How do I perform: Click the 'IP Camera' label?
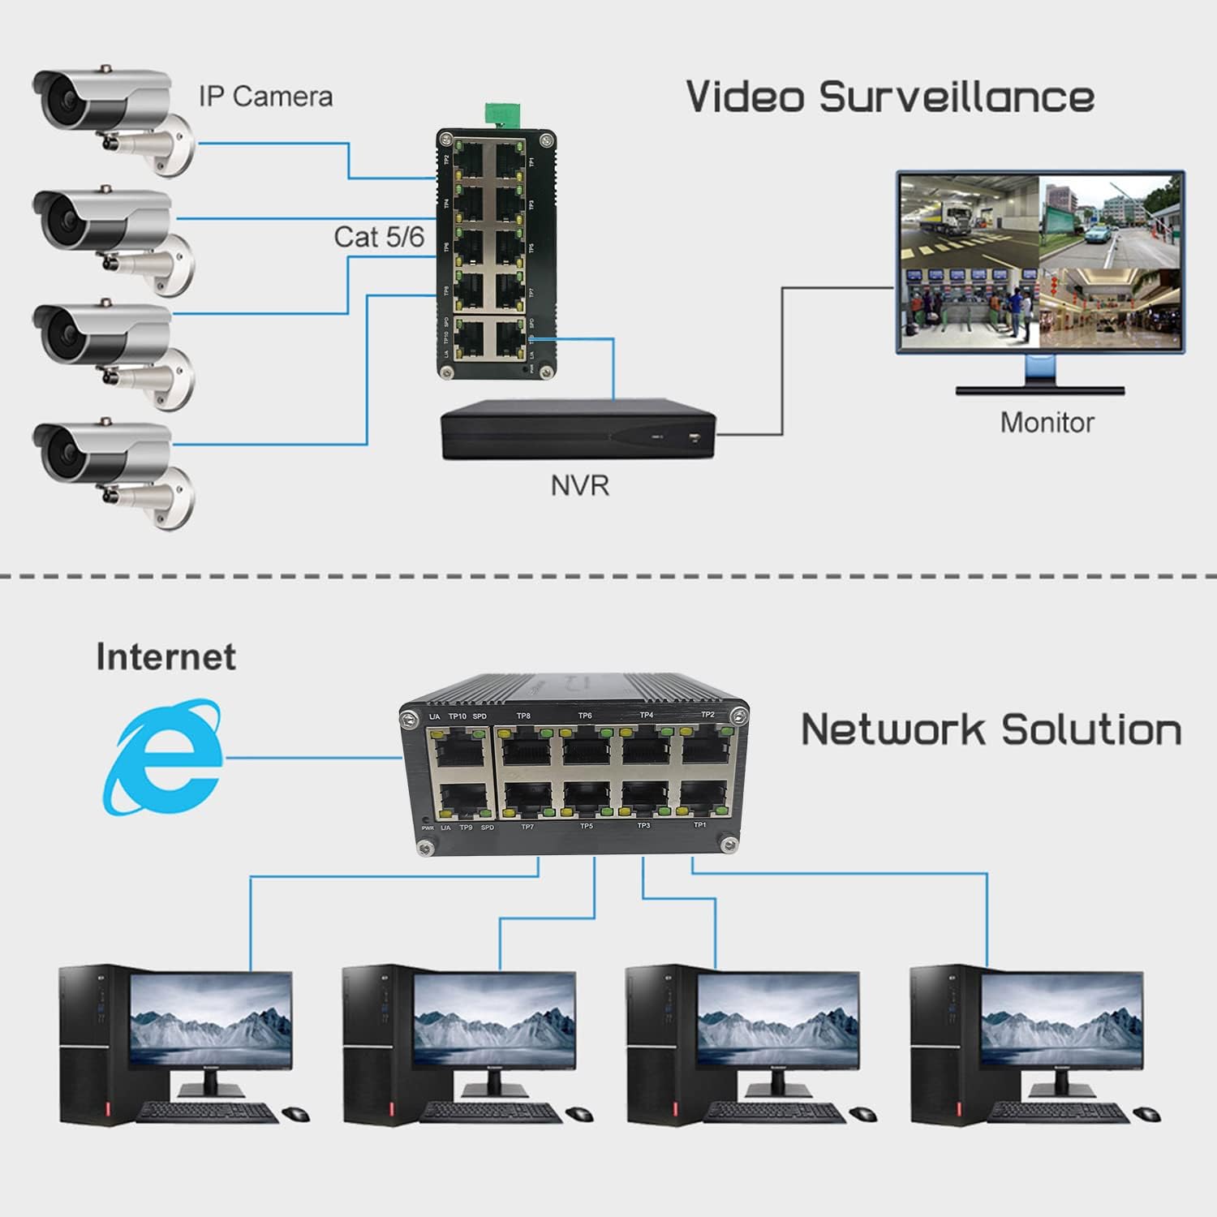pyautogui.click(x=265, y=97)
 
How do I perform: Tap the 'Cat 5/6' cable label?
pyautogui.click(x=379, y=237)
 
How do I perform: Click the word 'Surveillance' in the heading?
pyautogui.click(x=957, y=97)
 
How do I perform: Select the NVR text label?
pyautogui.click(x=579, y=485)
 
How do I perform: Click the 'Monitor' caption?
pyautogui.click(x=1047, y=422)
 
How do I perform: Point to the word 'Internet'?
pyautogui.click(x=166, y=656)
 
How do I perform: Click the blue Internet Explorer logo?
pyautogui.click(x=163, y=758)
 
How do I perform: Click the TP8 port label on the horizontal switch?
pyautogui.click(x=523, y=716)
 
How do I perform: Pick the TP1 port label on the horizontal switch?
pyautogui.click(x=699, y=825)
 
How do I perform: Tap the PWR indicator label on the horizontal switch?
pyautogui.click(x=428, y=828)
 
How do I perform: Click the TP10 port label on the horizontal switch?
pyautogui.click(x=458, y=716)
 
